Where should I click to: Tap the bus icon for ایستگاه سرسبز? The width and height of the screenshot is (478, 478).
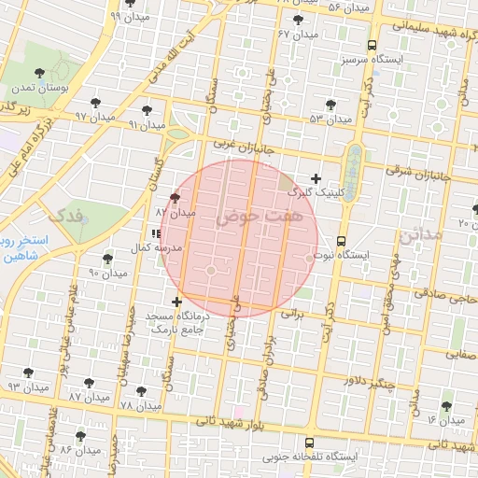(373, 45)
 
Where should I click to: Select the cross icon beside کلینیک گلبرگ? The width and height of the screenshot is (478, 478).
(316, 178)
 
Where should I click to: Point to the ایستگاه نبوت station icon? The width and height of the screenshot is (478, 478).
(342, 239)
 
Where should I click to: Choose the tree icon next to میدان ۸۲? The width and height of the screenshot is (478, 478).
(175, 198)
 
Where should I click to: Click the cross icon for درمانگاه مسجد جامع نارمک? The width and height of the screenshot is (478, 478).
(177, 301)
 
